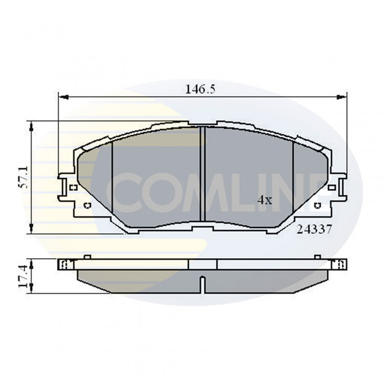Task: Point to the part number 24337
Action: [314, 229]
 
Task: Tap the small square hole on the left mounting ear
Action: [73, 187]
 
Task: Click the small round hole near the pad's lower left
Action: [87, 206]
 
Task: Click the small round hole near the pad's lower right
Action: [317, 206]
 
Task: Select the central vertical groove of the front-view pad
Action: [203, 175]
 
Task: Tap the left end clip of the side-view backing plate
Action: [64, 264]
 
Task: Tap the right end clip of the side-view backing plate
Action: [341, 264]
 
